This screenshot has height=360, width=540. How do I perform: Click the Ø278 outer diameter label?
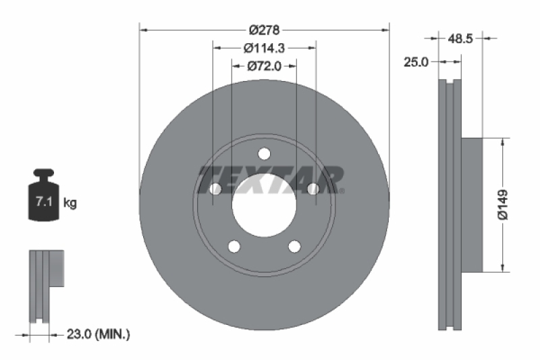[x=264, y=30]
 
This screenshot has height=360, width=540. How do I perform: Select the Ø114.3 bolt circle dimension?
[x=264, y=48]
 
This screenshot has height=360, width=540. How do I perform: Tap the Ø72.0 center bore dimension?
[x=264, y=66]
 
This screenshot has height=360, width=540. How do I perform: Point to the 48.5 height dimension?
[x=460, y=39]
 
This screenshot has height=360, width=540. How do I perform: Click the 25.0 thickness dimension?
[x=416, y=62]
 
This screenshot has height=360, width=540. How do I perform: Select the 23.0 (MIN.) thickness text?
[x=99, y=334]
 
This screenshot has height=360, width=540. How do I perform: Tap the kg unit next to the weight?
[x=70, y=202]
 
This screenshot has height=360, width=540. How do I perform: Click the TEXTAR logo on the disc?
[x=270, y=178]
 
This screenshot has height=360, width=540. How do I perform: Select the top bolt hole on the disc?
[x=264, y=153]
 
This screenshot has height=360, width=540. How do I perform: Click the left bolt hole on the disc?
[x=216, y=188]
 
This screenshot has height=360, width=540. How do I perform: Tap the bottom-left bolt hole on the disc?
[x=234, y=246]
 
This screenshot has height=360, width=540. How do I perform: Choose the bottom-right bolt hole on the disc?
[x=294, y=246]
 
